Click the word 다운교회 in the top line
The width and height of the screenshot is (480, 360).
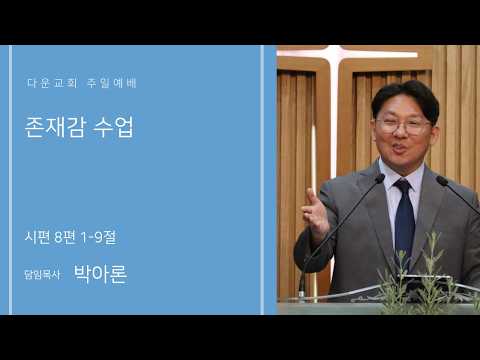pos(52,83)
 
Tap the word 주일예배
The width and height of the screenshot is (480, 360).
pos(112,83)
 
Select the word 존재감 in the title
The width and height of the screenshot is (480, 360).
pos(55,127)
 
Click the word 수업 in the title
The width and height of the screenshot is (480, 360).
pos(113,127)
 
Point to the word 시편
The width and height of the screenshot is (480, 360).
pos(37,237)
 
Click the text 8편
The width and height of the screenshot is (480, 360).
pos(65,237)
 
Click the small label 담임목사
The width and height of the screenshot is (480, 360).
pos(42,275)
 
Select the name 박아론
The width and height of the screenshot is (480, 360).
pos(100,274)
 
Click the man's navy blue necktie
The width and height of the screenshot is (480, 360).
pos(404,217)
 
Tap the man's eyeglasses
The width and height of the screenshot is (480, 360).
pos(402,125)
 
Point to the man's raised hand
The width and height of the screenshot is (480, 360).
pos(315,213)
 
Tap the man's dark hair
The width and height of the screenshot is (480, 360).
pos(405,98)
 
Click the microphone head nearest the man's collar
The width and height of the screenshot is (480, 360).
pos(380,179)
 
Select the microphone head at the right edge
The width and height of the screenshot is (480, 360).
pos(442,180)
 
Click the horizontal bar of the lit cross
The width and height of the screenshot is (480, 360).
pos(347,54)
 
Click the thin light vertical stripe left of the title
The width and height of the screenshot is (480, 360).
pos(10,180)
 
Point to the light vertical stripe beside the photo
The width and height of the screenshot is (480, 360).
pos(262,180)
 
